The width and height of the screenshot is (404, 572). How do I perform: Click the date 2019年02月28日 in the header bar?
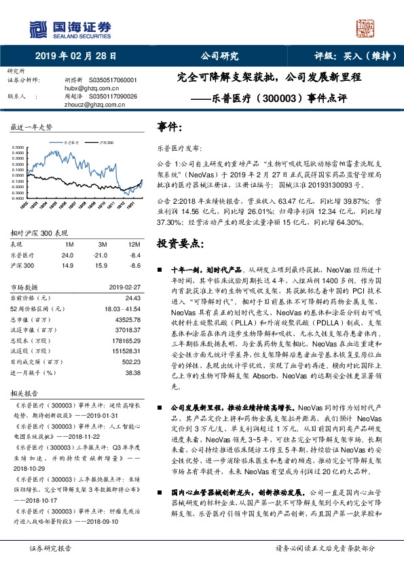(x=76, y=56)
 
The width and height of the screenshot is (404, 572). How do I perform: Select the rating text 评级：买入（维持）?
(x=349, y=56)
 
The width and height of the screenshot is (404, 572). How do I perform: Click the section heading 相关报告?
(x=25, y=393)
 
